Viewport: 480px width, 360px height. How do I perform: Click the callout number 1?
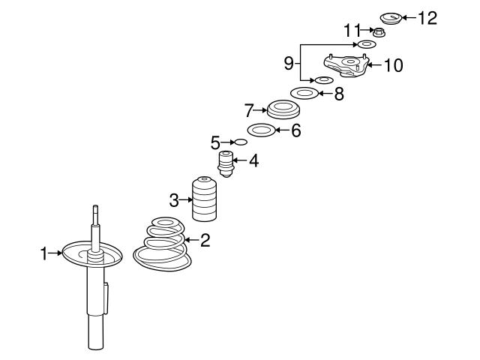(x=44, y=253)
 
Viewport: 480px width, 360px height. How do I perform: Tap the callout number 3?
(x=174, y=200)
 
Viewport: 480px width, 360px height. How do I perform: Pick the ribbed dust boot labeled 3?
(x=205, y=199)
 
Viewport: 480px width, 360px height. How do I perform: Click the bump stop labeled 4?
(x=226, y=163)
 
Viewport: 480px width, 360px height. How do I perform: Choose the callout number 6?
(x=295, y=130)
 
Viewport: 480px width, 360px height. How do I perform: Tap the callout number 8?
(x=339, y=94)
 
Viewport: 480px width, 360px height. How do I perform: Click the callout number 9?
(x=289, y=63)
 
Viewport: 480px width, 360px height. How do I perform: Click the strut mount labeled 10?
(x=346, y=65)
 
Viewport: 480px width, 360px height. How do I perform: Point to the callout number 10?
(x=393, y=65)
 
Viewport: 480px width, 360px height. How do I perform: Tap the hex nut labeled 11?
(x=379, y=31)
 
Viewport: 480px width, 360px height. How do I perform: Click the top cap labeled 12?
(x=391, y=18)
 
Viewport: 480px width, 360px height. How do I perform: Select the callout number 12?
(x=427, y=18)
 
